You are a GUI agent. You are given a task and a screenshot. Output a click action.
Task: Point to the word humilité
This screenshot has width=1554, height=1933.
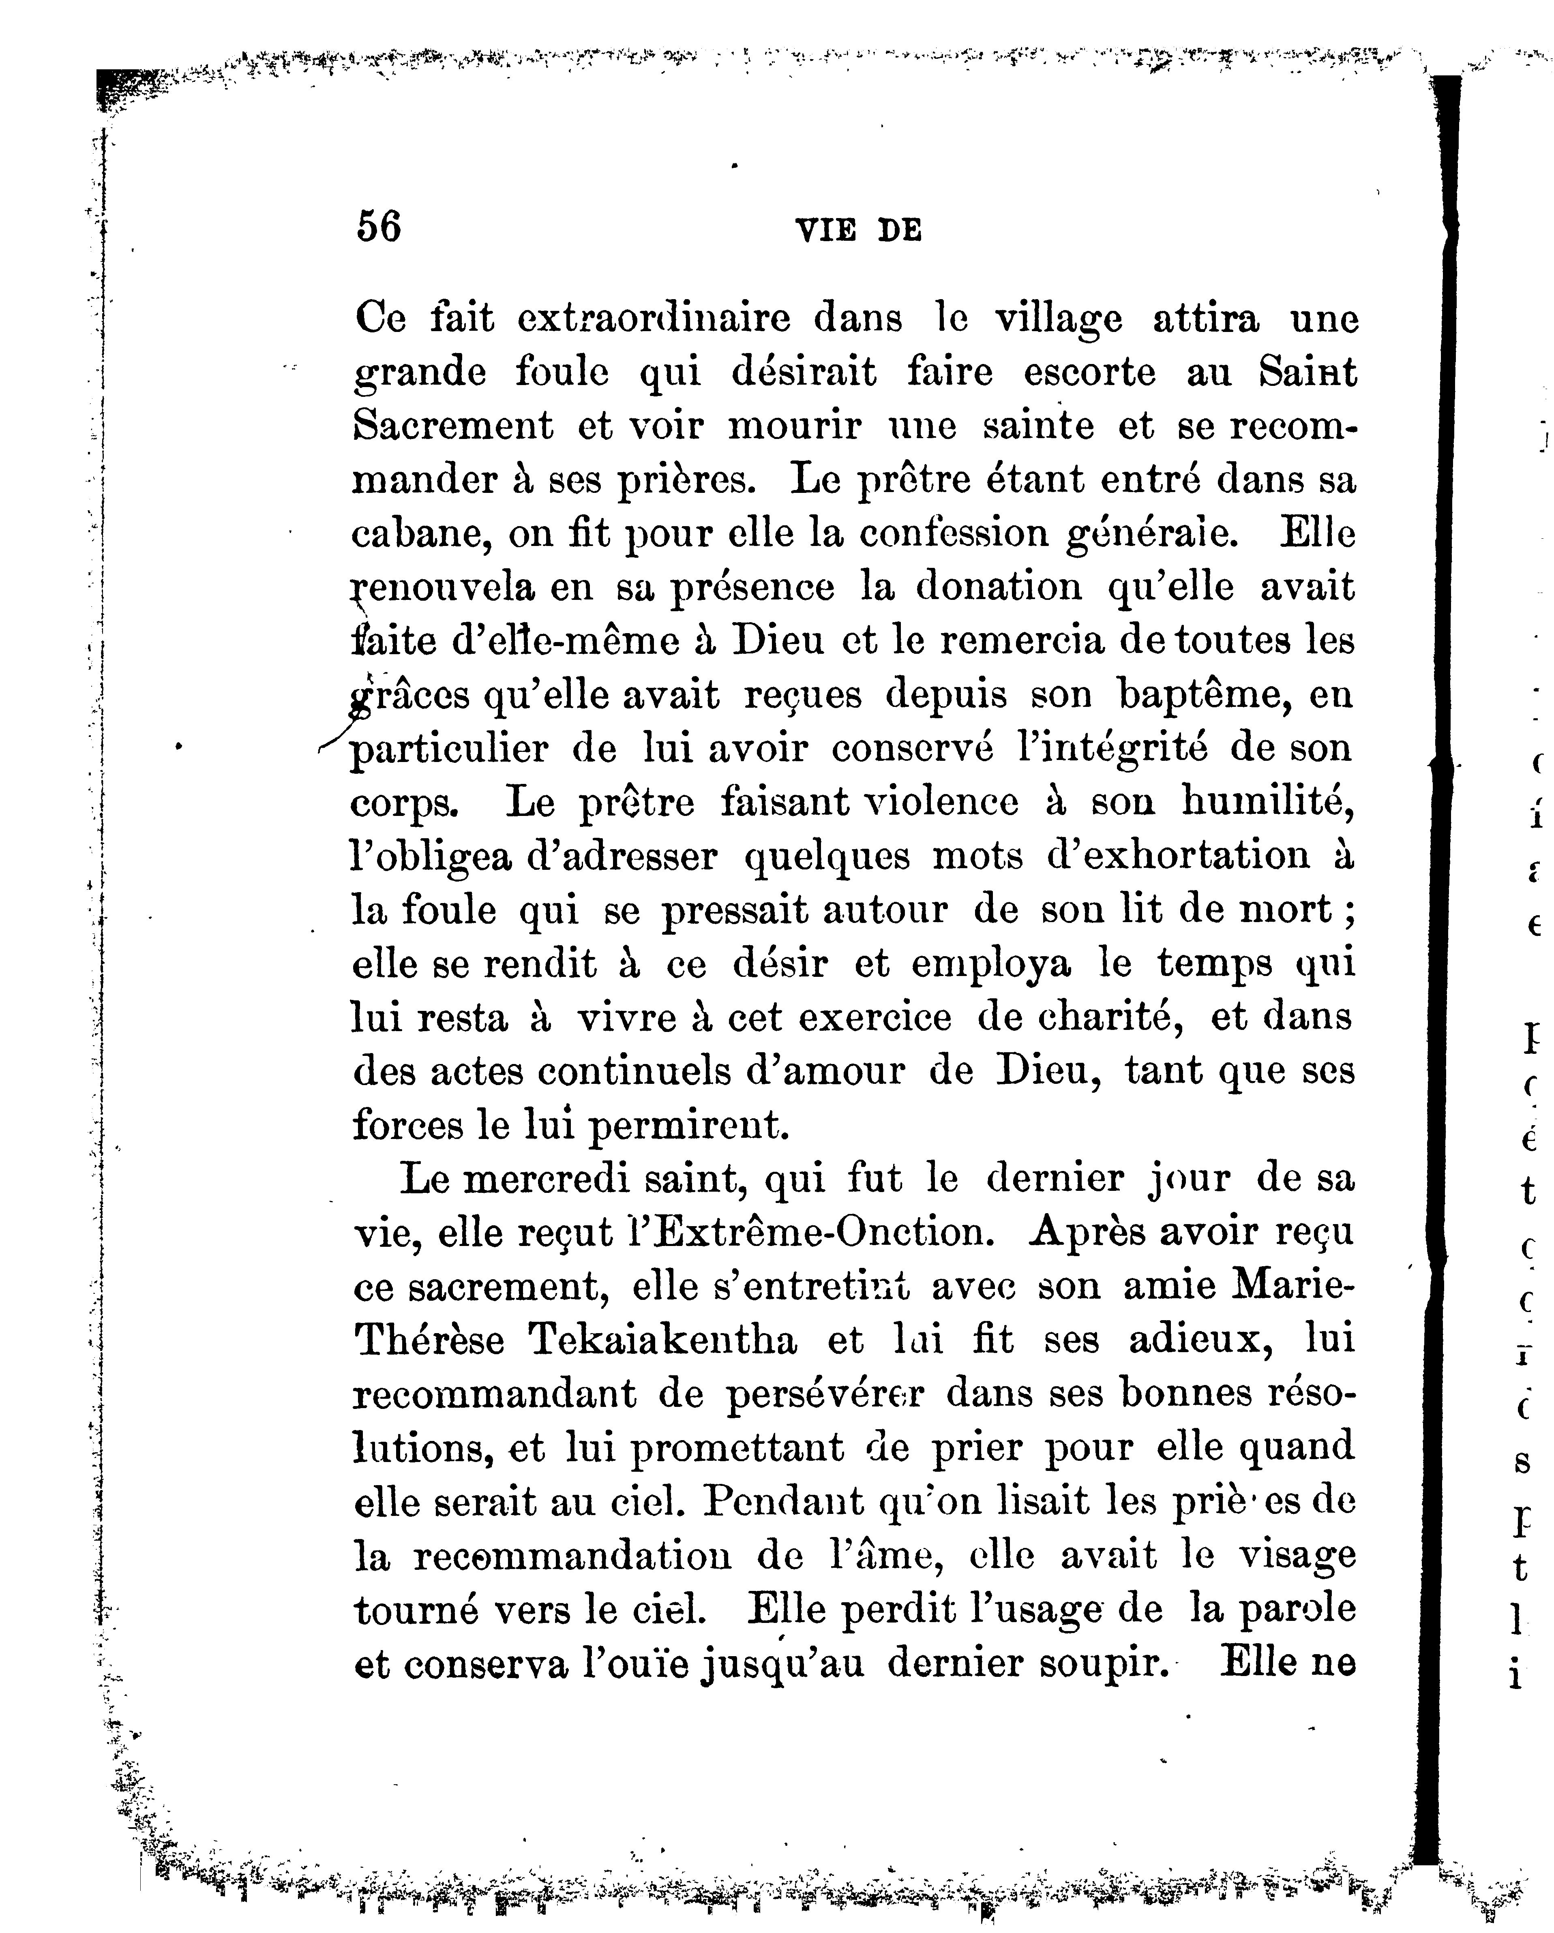click(1266, 803)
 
